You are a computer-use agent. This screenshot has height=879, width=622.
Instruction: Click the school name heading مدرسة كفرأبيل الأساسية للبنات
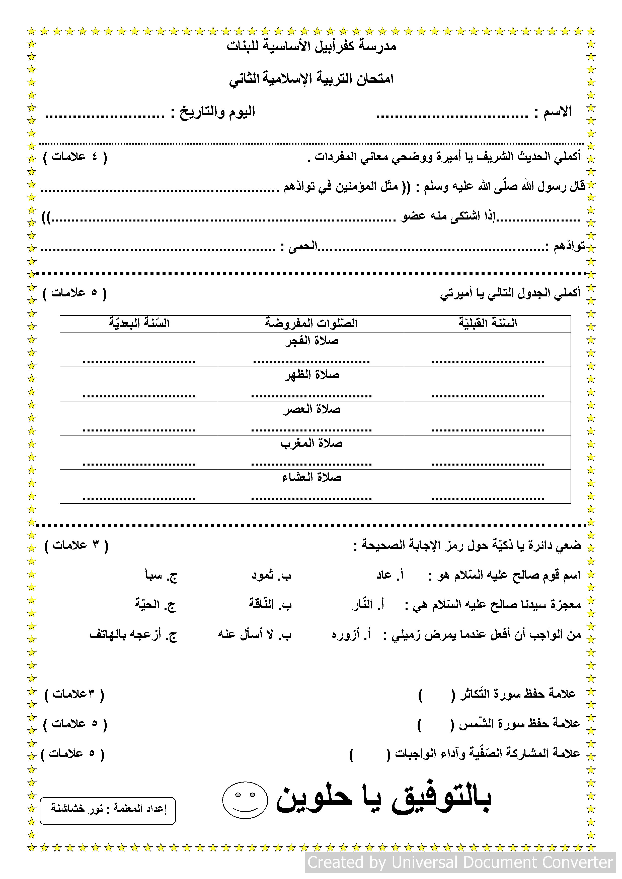pyautogui.click(x=311, y=46)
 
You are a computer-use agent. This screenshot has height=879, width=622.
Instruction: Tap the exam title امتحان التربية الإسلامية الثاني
pyautogui.click(x=311, y=79)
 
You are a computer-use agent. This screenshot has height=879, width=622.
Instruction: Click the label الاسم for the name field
pyautogui.click(x=557, y=112)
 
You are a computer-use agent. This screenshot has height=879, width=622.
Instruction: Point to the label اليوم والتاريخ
pyautogui.click(x=217, y=112)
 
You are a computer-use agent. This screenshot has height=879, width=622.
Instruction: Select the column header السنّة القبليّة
pyautogui.click(x=488, y=323)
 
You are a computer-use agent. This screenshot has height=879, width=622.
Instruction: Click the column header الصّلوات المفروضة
pyautogui.click(x=311, y=323)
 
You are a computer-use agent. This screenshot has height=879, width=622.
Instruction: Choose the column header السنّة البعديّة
pyautogui.click(x=139, y=323)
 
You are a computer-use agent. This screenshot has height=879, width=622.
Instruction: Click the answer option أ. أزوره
pyautogui.click(x=351, y=635)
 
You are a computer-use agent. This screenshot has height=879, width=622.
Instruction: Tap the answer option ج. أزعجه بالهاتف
pyautogui.click(x=133, y=635)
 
